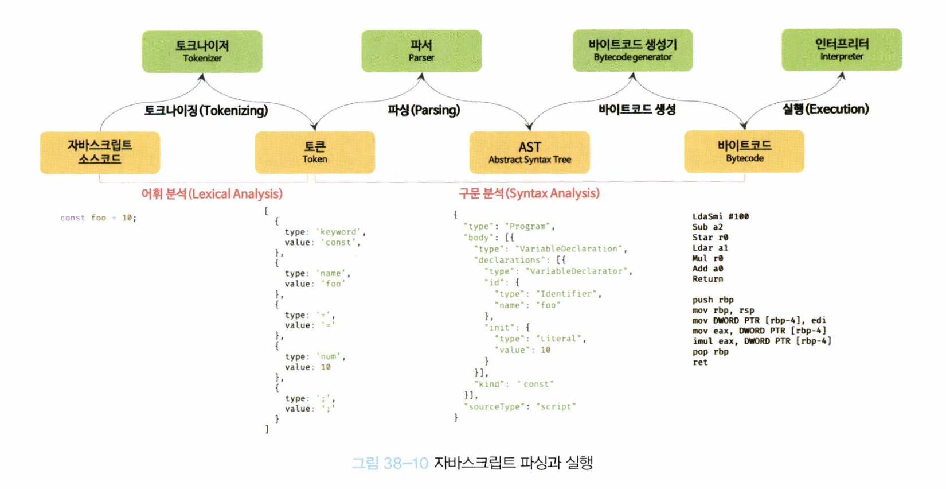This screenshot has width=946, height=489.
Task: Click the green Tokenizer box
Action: pos(202,51)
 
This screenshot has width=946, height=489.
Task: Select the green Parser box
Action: pos(421,51)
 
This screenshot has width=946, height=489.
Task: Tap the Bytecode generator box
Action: pos(632,50)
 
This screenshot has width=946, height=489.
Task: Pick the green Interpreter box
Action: pos(841,49)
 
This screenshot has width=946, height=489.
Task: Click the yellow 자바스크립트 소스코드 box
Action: pos(100,152)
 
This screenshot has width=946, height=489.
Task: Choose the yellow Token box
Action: pos(315,152)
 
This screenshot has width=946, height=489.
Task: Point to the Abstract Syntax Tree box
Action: pos(529,152)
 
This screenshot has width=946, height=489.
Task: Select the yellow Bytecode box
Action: pos(744,151)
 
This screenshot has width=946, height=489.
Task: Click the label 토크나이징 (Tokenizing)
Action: pos(206,110)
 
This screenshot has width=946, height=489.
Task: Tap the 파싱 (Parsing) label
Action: pos(424,110)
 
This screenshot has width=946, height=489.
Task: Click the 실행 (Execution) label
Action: pos(826,109)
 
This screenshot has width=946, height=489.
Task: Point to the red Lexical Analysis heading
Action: pos(212,194)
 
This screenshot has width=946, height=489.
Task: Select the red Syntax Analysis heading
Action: pos(529,193)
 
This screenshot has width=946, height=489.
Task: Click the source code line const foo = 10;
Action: pos(98,218)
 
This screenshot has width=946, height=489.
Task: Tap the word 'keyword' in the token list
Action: pos(340,232)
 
